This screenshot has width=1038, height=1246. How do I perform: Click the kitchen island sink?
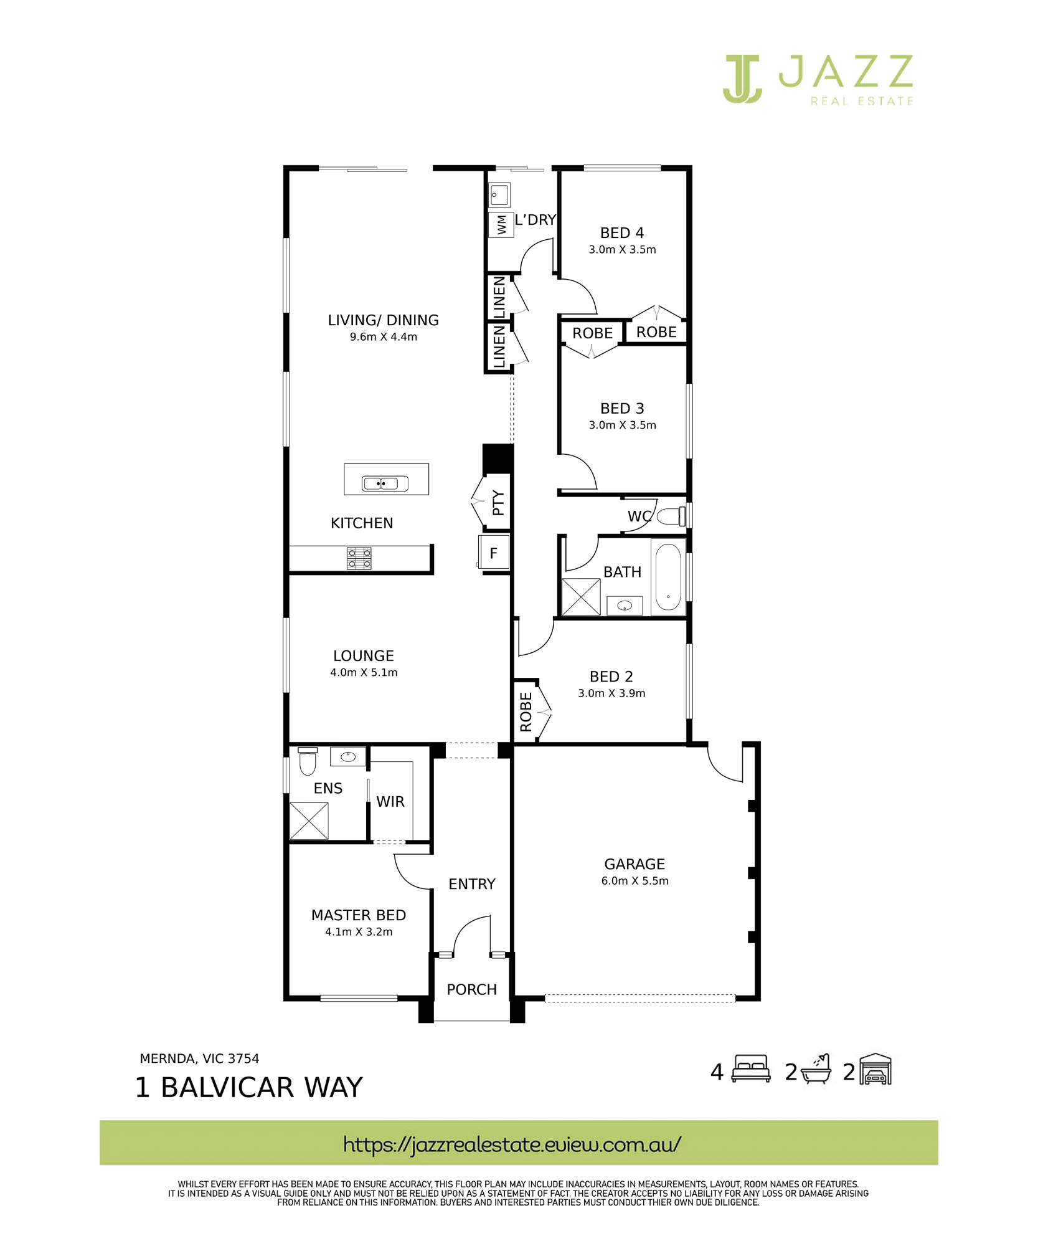coord(385,483)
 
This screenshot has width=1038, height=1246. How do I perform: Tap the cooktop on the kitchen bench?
coord(359,559)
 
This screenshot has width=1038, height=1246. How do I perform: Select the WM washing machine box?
coord(501,225)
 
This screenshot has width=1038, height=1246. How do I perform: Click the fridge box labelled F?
coord(494,553)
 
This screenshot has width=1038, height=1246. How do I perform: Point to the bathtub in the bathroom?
coord(668,577)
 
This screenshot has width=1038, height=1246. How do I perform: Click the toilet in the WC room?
coord(672,516)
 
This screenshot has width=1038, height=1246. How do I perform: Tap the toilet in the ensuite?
coord(308,761)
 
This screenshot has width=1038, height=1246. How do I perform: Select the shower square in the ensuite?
coord(309,821)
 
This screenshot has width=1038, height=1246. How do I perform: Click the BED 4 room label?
coord(622,233)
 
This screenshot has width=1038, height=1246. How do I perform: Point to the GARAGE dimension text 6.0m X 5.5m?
coord(635,881)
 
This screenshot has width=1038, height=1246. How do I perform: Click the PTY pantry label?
coord(498,503)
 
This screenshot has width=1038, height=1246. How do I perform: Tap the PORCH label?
coord(472,989)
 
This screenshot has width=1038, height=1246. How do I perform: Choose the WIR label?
coord(390,802)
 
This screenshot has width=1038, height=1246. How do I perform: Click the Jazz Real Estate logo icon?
coord(742,78)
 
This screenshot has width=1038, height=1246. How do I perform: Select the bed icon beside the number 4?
coord(751,1070)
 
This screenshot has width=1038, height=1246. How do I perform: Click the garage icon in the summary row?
coord(875,1070)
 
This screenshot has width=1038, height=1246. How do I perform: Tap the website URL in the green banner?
coord(512,1144)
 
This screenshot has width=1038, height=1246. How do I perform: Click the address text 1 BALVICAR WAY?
coord(248,1088)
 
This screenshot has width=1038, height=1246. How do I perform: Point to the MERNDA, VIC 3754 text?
coord(199,1058)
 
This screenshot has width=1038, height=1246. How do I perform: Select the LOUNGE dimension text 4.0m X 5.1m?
coord(364,673)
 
